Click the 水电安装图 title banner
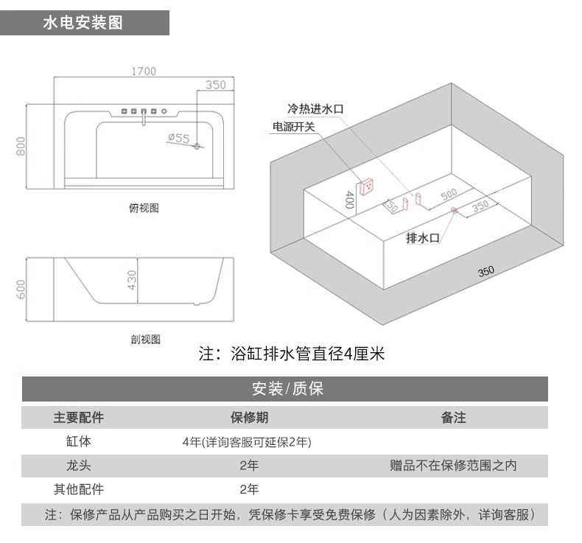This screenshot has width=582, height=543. (x=85, y=23)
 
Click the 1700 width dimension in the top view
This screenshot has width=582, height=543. (x=144, y=71)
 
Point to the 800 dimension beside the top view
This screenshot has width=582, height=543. (x=21, y=146)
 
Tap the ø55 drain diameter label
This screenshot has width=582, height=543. (x=179, y=138)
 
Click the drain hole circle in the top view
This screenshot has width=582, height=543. (x=197, y=146)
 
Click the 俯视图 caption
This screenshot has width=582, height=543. (x=144, y=208)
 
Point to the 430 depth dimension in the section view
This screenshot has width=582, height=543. (x=132, y=280)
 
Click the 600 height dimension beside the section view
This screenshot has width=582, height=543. (x=21, y=289)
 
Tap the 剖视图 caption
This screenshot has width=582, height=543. (x=146, y=339)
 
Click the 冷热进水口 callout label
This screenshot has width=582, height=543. (x=315, y=109)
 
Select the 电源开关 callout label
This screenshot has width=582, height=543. (x=294, y=127)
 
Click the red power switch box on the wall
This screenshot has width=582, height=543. (x=366, y=186)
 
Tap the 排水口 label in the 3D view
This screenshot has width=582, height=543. (x=423, y=238)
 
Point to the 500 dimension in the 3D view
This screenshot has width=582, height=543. (x=449, y=194)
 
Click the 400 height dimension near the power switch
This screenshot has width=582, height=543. (x=349, y=200)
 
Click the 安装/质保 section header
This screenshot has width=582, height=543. (x=287, y=389)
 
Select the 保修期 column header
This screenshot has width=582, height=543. (x=250, y=418)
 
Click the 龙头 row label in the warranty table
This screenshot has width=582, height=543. (x=79, y=466)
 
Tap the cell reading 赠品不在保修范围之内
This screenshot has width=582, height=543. (x=453, y=466)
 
